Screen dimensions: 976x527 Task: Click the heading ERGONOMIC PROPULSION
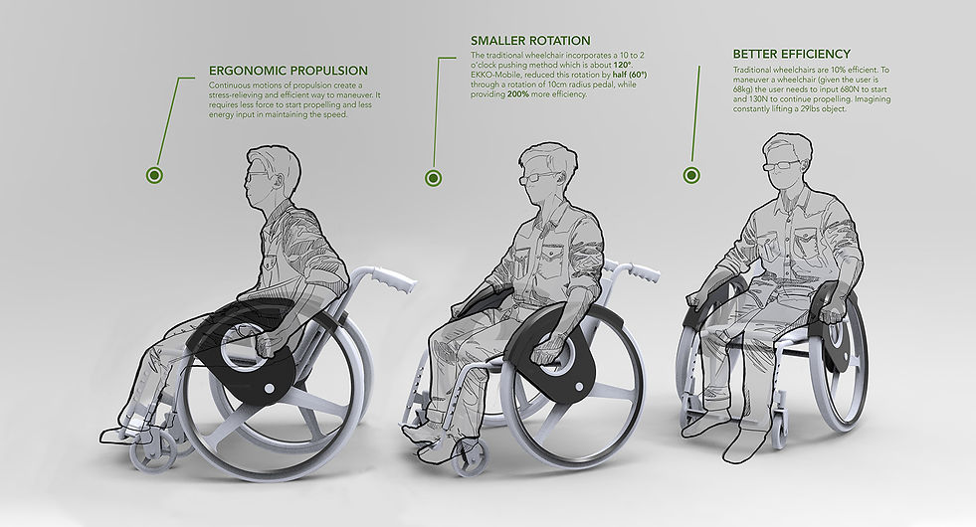[289, 71]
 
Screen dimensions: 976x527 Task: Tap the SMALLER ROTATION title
[530, 41]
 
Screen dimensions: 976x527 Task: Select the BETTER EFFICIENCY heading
[791, 54]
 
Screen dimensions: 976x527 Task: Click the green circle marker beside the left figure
[154, 175]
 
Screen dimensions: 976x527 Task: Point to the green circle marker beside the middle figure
[433, 179]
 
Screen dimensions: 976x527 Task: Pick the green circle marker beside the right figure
[691, 175]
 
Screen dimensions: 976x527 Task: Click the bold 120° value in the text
[623, 66]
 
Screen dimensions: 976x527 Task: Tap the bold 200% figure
[518, 94]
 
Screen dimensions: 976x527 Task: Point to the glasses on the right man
[782, 165]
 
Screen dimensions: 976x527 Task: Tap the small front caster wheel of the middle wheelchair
[467, 457]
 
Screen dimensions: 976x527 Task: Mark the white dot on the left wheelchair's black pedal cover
[270, 389]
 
